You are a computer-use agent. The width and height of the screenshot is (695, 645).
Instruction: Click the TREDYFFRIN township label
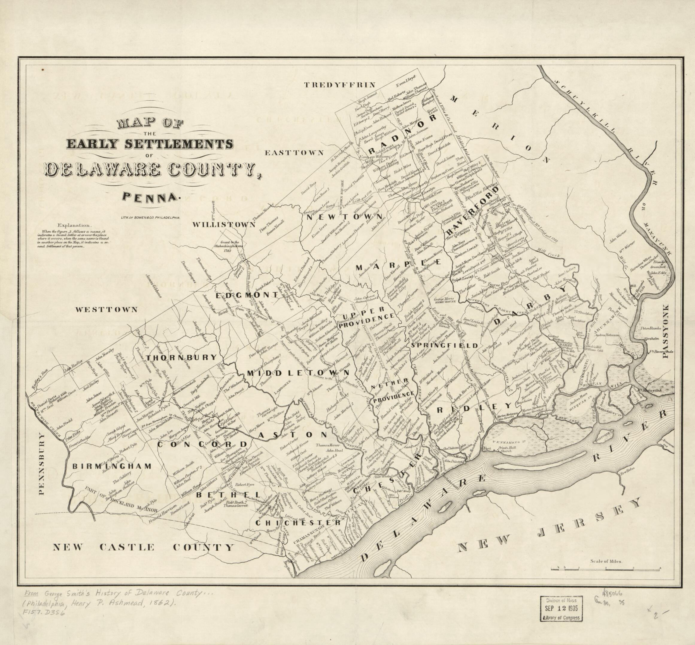click(x=339, y=84)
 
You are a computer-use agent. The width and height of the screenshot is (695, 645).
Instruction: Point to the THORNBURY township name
click(x=181, y=357)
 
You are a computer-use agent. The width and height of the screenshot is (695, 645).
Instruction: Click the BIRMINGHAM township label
click(x=112, y=466)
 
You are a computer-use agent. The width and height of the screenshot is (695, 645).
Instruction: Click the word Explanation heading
click(x=76, y=226)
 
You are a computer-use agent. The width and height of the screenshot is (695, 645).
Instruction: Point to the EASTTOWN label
click(x=294, y=152)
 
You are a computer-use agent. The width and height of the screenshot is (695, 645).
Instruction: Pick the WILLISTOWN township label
click(x=224, y=225)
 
